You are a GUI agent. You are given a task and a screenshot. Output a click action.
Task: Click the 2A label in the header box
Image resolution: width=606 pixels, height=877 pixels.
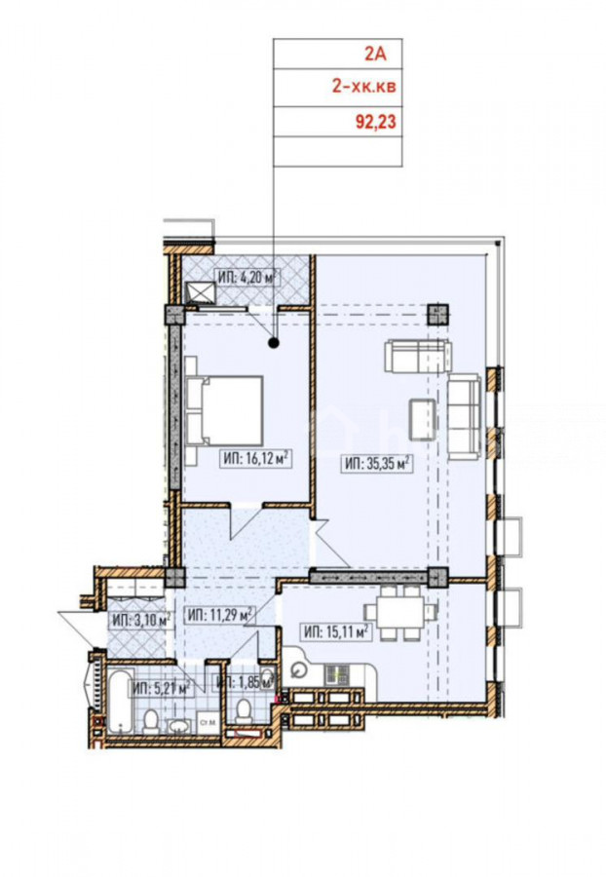(x=375, y=55)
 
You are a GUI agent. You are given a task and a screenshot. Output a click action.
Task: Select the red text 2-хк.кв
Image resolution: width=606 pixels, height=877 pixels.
(x=364, y=87)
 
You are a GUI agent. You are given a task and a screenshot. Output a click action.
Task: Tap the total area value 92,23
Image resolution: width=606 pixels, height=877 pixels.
(x=376, y=122)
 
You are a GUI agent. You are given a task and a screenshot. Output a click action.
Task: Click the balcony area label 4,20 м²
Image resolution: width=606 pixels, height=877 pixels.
(x=247, y=277)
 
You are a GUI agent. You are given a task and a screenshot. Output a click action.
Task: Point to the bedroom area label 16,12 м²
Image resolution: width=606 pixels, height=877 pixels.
(x=256, y=459)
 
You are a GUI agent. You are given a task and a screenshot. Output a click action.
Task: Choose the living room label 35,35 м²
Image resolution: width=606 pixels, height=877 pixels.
(x=378, y=464)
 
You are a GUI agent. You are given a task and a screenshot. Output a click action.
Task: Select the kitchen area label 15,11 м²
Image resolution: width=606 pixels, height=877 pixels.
(x=336, y=632)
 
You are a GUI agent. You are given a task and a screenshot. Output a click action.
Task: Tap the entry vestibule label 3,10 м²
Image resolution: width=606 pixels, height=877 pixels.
(x=140, y=620)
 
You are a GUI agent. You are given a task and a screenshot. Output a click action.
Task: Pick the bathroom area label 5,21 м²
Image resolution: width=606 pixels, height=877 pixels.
(x=162, y=689)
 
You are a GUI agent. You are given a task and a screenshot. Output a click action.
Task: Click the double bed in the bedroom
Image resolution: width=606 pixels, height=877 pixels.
(x=224, y=411)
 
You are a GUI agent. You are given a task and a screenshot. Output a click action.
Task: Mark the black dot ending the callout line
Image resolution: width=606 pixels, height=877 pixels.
(x=274, y=343)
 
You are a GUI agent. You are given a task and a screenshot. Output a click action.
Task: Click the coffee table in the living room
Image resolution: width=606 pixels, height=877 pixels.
(x=423, y=419)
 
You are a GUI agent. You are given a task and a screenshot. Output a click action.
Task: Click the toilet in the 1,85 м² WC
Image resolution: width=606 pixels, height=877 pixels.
(x=244, y=709)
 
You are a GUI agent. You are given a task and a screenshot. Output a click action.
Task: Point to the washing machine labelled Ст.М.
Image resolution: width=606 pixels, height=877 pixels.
(x=208, y=723)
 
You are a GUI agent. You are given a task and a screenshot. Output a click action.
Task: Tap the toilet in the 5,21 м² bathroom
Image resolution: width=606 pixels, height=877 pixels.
(x=150, y=721)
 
